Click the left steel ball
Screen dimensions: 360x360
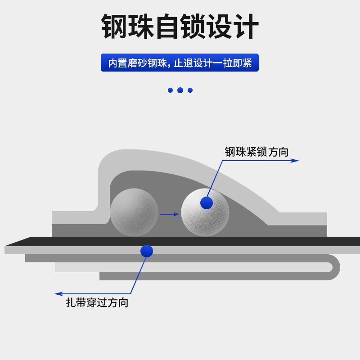point(134,212)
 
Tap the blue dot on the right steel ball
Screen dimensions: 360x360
point(207,203)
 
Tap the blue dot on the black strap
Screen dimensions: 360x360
point(147,251)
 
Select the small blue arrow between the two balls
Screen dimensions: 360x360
point(170,214)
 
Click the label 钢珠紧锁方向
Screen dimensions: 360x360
point(256,152)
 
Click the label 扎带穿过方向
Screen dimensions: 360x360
point(97,303)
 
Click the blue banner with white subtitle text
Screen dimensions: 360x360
point(180,63)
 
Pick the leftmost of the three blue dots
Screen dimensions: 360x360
point(170,90)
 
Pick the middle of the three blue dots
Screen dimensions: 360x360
point(180,90)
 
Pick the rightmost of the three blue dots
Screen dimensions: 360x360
point(190,90)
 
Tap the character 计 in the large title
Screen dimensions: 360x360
point(246,27)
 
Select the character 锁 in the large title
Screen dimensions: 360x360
point(193,27)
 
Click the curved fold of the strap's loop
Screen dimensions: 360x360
point(335,267)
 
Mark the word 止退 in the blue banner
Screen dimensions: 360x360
point(183,63)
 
